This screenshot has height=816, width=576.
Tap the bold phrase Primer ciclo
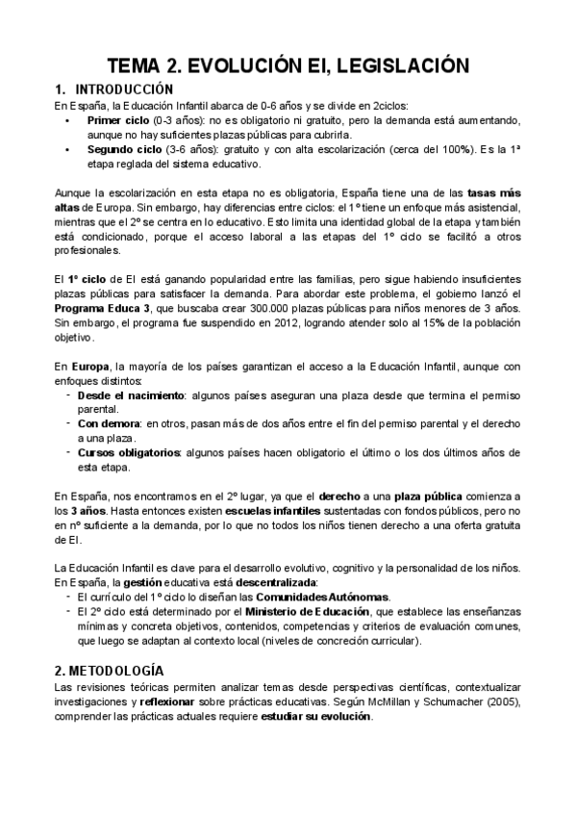[118, 122]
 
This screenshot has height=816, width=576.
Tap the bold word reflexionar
[154, 702]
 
